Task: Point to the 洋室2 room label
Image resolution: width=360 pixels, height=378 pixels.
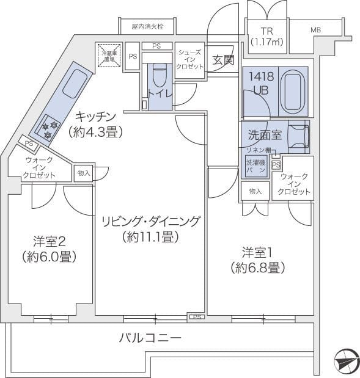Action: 49,249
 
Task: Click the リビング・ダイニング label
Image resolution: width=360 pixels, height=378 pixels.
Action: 150,229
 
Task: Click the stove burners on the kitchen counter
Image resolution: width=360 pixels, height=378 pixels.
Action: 49,129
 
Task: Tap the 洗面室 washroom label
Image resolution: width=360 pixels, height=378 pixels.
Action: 265,135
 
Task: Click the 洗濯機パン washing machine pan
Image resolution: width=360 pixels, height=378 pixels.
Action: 256,167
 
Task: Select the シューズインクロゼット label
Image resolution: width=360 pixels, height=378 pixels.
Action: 189,59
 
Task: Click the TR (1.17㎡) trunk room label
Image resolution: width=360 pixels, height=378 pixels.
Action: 266,36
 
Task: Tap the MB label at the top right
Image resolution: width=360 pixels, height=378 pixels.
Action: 315,30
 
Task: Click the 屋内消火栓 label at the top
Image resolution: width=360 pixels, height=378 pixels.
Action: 147,27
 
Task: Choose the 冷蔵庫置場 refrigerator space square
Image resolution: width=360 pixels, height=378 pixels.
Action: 111,56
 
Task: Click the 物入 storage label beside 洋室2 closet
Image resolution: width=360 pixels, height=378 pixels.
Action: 84,173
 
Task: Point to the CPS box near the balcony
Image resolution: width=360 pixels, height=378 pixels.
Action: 196,316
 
